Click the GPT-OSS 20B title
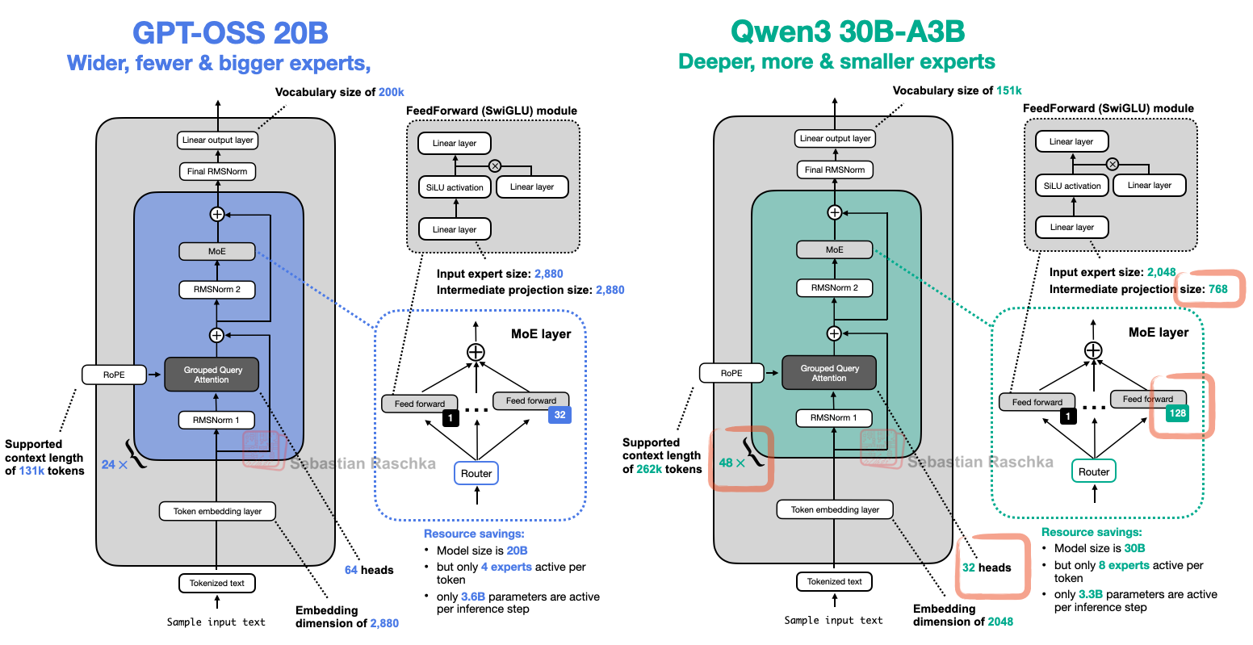tap(230, 33)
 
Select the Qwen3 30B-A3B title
tap(847, 31)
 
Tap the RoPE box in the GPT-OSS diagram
tap(114, 375)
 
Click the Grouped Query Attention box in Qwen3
tap(829, 373)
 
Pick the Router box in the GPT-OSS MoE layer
tap(476, 474)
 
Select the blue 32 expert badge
tap(559, 415)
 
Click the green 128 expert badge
tap(1178, 413)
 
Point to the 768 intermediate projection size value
tap(1217, 289)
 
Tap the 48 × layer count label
tap(731, 463)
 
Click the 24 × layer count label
tap(115, 465)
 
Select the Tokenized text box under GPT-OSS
tap(216, 583)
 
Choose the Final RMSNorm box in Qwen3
tap(835, 170)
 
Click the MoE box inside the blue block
tap(216, 251)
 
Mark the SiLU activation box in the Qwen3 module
tap(1071, 186)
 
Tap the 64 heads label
tap(369, 570)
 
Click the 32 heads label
tap(987, 568)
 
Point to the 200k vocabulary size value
tap(392, 92)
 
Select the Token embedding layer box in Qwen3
tap(835, 509)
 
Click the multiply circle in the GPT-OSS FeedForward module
tap(495, 165)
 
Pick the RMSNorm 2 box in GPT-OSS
tap(216, 289)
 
